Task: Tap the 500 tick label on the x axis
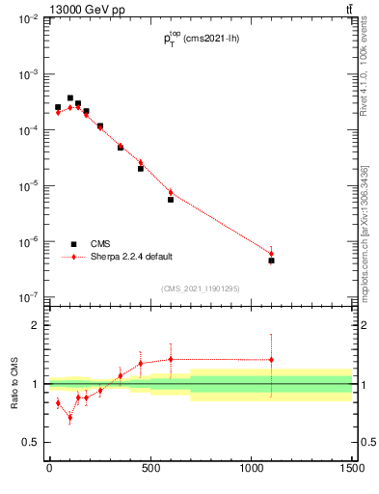[x=150, y=470]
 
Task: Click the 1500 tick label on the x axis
[x=352, y=470]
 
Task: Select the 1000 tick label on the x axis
[x=251, y=470]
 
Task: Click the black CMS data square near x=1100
[x=272, y=261]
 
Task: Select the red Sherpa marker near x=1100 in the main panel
[x=272, y=254]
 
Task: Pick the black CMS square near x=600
[x=171, y=200]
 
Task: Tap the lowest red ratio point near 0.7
[x=69, y=418]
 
